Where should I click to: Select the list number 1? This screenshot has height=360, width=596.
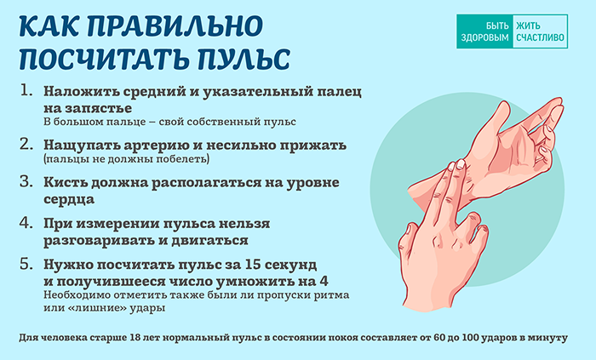click(x=26, y=91)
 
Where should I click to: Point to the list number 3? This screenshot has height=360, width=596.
click(x=26, y=182)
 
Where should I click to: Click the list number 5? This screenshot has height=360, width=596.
click(x=26, y=264)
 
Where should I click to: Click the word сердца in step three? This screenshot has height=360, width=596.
click(x=69, y=199)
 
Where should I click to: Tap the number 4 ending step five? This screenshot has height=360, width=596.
click(x=324, y=282)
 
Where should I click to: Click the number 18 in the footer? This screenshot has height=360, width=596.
click(x=135, y=338)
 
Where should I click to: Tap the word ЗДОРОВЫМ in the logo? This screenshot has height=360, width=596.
click(x=484, y=37)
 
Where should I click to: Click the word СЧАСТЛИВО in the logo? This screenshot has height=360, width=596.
click(x=540, y=37)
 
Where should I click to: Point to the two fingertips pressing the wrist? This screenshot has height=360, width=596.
click(x=456, y=165)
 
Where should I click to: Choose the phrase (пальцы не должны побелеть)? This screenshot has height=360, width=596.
click(x=126, y=159)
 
